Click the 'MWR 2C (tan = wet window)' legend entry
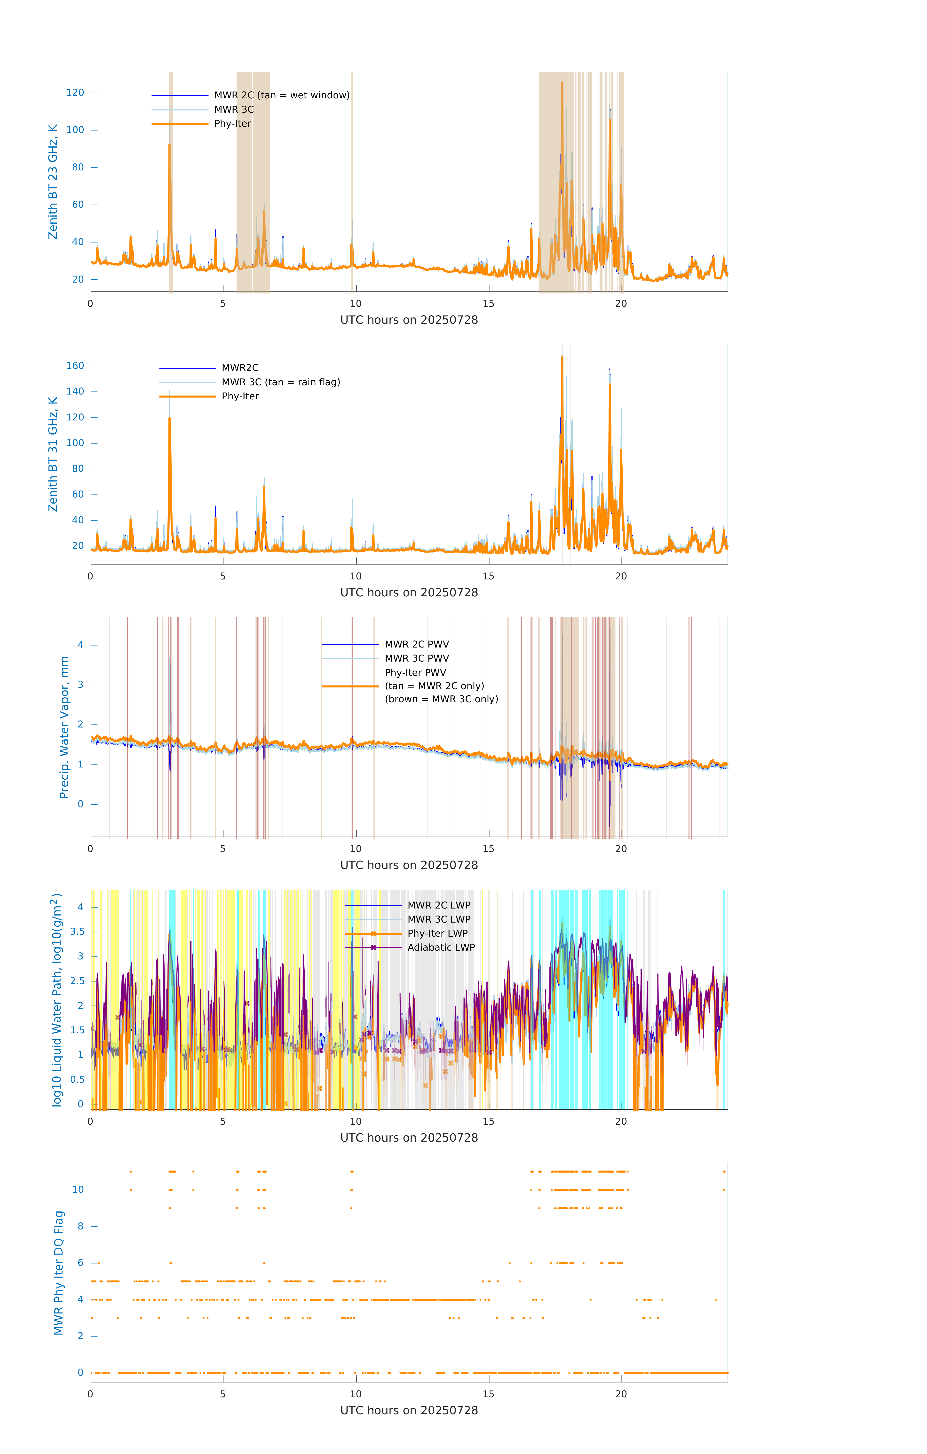click(281, 95)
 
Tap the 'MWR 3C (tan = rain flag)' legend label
click(281, 382)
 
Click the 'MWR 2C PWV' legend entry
click(417, 644)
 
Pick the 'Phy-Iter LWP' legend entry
click(437, 933)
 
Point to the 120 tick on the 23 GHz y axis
click(75, 92)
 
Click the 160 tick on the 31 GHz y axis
click(75, 366)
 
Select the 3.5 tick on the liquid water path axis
click(77, 932)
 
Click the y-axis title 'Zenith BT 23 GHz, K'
click(53, 182)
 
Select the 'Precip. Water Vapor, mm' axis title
click(64, 727)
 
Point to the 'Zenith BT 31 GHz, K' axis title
click(53, 454)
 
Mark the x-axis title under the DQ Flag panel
click(409, 1411)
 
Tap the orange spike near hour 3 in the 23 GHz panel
click(170, 145)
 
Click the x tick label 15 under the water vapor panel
click(488, 849)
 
